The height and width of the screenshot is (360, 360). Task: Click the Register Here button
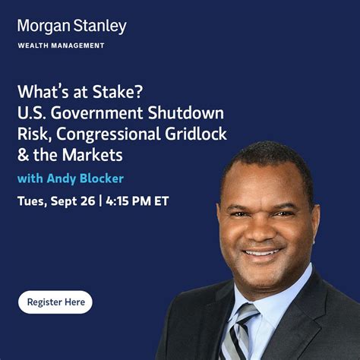point(55,302)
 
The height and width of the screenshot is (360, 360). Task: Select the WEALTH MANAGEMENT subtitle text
point(61,46)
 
